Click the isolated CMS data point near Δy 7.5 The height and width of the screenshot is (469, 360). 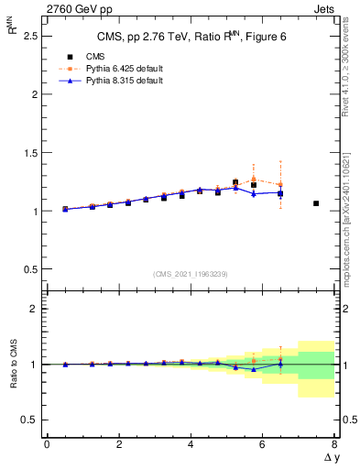(x=316, y=203)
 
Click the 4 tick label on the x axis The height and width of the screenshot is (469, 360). (x=191, y=444)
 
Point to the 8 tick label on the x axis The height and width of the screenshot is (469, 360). (x=334, y=444)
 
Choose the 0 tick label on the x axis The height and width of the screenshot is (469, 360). (x=47, y=444)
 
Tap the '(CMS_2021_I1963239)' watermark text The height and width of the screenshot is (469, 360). (x=190, y=274)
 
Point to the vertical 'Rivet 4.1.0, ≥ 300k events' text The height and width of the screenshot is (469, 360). (x=352, y=73)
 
